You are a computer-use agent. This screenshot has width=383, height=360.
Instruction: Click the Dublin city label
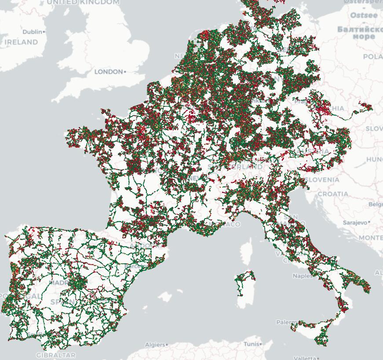[x=32, y=32]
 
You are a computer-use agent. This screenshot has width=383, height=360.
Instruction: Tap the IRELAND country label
[x=21, y=42]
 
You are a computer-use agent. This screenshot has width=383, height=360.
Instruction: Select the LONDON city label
[x=109, y=72]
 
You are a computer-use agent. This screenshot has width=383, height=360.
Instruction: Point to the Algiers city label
[x=155, y=345]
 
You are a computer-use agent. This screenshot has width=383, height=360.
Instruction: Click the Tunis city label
[x=252, y=344]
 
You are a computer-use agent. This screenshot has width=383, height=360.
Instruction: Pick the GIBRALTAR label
[x=56, y=355]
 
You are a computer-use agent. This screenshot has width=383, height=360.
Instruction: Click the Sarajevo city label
[x=355, y=223]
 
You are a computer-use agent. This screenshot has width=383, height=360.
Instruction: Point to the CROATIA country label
[x=333, y=194]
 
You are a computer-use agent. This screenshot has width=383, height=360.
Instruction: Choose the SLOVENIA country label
[x=322, y=179]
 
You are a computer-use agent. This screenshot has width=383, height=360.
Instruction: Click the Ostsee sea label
[x=364, y=15]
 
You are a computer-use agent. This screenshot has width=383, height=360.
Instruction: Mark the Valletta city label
[x=305, y=358]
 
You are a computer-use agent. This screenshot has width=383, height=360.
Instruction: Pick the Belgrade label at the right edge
[x=376, y=204]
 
